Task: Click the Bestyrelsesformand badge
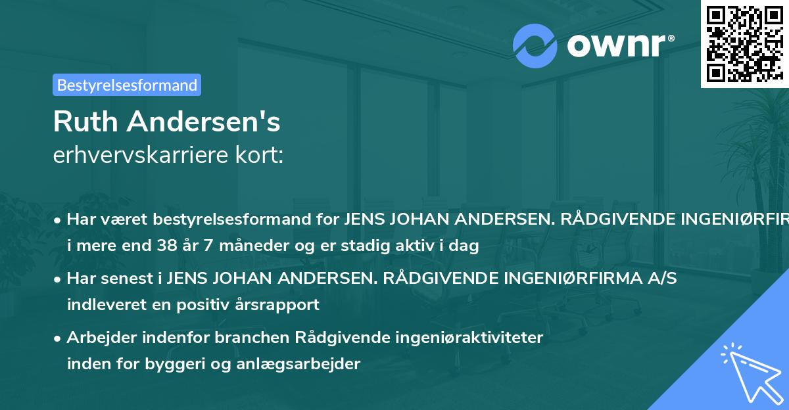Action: click(127, 85)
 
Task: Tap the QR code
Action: click(744, 43)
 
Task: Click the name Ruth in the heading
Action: click(87, 122)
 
